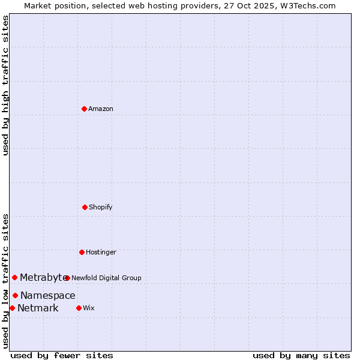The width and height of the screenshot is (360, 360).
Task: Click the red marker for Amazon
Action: pyautogui.click(x=84, y=109)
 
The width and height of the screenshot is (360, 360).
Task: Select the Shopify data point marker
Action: pyautogui.click(x=85, y=207)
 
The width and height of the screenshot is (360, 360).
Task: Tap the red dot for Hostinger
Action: pyautogui.click(x=82, y=252)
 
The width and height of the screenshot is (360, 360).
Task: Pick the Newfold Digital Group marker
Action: pyautogui.click(x=67, y=278)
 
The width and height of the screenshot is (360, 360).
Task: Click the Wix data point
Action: pyautogui.click(x=79, y=308)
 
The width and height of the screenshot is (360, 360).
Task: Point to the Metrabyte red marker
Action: pyautogui.click(x=15, y=277)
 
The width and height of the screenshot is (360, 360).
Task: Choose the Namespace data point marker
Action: pyautogui.click(x=16, y=295)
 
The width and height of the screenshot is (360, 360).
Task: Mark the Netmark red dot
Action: pyautogui.click(x=12, y=308)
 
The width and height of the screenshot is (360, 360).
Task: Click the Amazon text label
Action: pyautogui.click(x=101, y=109)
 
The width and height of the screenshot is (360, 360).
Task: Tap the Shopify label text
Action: pyautogui.click(x=101, y=207)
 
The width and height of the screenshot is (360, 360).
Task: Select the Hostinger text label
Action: pyautogui.click(x=101, y=252)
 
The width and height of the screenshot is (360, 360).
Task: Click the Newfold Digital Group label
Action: pyautogui.click(x=106, y=278)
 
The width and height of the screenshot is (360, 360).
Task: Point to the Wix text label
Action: pyautogui.click(x=89, y=308)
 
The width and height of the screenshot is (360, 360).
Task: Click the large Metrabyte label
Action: pyautogui.click(x=43, y=277)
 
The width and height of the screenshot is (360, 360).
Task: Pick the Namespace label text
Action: pyautogui.click(x=48, y=295)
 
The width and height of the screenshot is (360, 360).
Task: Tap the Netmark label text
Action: pyautogui.click(x=38, y=308)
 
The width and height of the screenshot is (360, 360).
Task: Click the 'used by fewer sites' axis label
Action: pyautogui.click(x=62, y=355)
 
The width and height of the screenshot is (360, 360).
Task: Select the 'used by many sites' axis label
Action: pyautogui.click(x=301, y=355)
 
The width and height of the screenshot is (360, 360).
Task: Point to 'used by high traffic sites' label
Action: pyautogui.click(x=5, y=85)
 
